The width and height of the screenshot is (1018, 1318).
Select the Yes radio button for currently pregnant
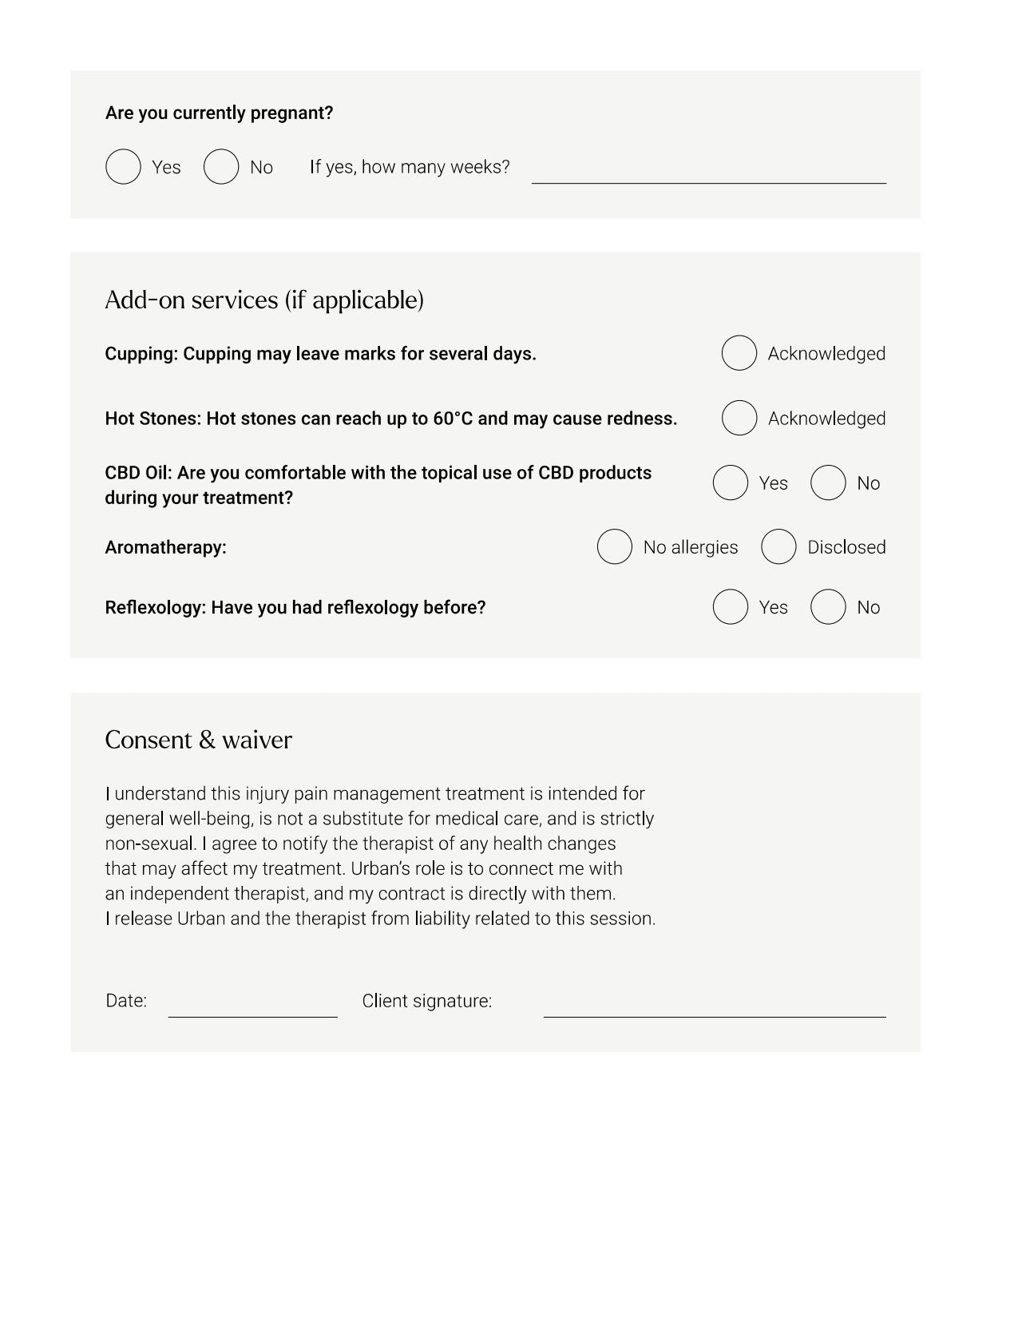(x=123, y=167)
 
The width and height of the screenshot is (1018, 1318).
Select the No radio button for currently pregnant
(x=221, y=167)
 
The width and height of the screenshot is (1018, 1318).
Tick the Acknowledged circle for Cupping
(x=739, y=353)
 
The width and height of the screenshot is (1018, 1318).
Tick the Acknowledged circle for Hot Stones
(x=739, y=418)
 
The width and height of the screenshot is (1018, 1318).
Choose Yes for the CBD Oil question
(x=730, y=482)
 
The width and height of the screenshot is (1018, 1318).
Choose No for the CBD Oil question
(x=828, y=482)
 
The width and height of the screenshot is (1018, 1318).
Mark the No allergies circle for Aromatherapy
(x=614, y=546)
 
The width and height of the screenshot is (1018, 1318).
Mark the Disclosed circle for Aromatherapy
(x=778, y=546)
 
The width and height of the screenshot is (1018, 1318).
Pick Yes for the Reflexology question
(x=730, y=607)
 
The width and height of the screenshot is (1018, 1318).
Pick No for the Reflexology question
(x=828, y=607)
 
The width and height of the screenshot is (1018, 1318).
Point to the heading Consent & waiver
(x=198, y=740)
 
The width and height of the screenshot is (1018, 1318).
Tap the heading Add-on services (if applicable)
(x=264, y=300)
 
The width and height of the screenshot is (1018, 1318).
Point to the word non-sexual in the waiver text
(x=150, y=844)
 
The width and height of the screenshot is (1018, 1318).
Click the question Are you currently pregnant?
(x=219, y=113)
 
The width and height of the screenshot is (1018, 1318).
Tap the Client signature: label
(x=426, y=1001)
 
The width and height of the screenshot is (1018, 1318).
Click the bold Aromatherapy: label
(x=165, y=547)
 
